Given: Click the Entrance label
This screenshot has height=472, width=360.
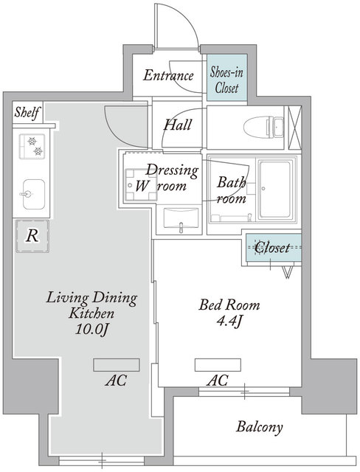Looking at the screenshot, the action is point(168,75).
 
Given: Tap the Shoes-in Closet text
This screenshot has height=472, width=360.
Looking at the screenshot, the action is point(226,80).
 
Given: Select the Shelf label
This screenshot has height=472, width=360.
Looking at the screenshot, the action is point(27,113).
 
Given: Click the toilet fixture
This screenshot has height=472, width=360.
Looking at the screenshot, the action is point(263,128).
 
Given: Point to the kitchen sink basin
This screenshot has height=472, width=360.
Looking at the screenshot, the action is point(34,194).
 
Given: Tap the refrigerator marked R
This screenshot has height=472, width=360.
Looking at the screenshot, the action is point(32,236).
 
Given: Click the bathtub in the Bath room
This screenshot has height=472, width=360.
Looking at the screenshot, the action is point(275,190).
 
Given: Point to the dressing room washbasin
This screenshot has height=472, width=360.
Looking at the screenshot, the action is point(181,220).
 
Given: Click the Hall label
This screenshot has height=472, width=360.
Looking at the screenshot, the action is point(178,125).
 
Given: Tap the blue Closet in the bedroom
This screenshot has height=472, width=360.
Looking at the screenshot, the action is point(273,248).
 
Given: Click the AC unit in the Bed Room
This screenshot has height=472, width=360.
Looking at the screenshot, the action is point(218,365).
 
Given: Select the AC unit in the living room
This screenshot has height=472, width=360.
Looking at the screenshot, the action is point(116,365).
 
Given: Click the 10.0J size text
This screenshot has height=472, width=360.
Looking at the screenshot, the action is point(91,330).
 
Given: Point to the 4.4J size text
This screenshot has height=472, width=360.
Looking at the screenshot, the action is point(229,322).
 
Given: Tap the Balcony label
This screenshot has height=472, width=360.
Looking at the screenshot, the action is point(260,427).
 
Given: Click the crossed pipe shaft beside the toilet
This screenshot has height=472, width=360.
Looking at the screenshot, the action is point(294,128).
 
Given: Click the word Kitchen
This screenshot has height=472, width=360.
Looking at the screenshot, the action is point(91,313).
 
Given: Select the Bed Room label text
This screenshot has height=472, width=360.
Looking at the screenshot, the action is point(229,305).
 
